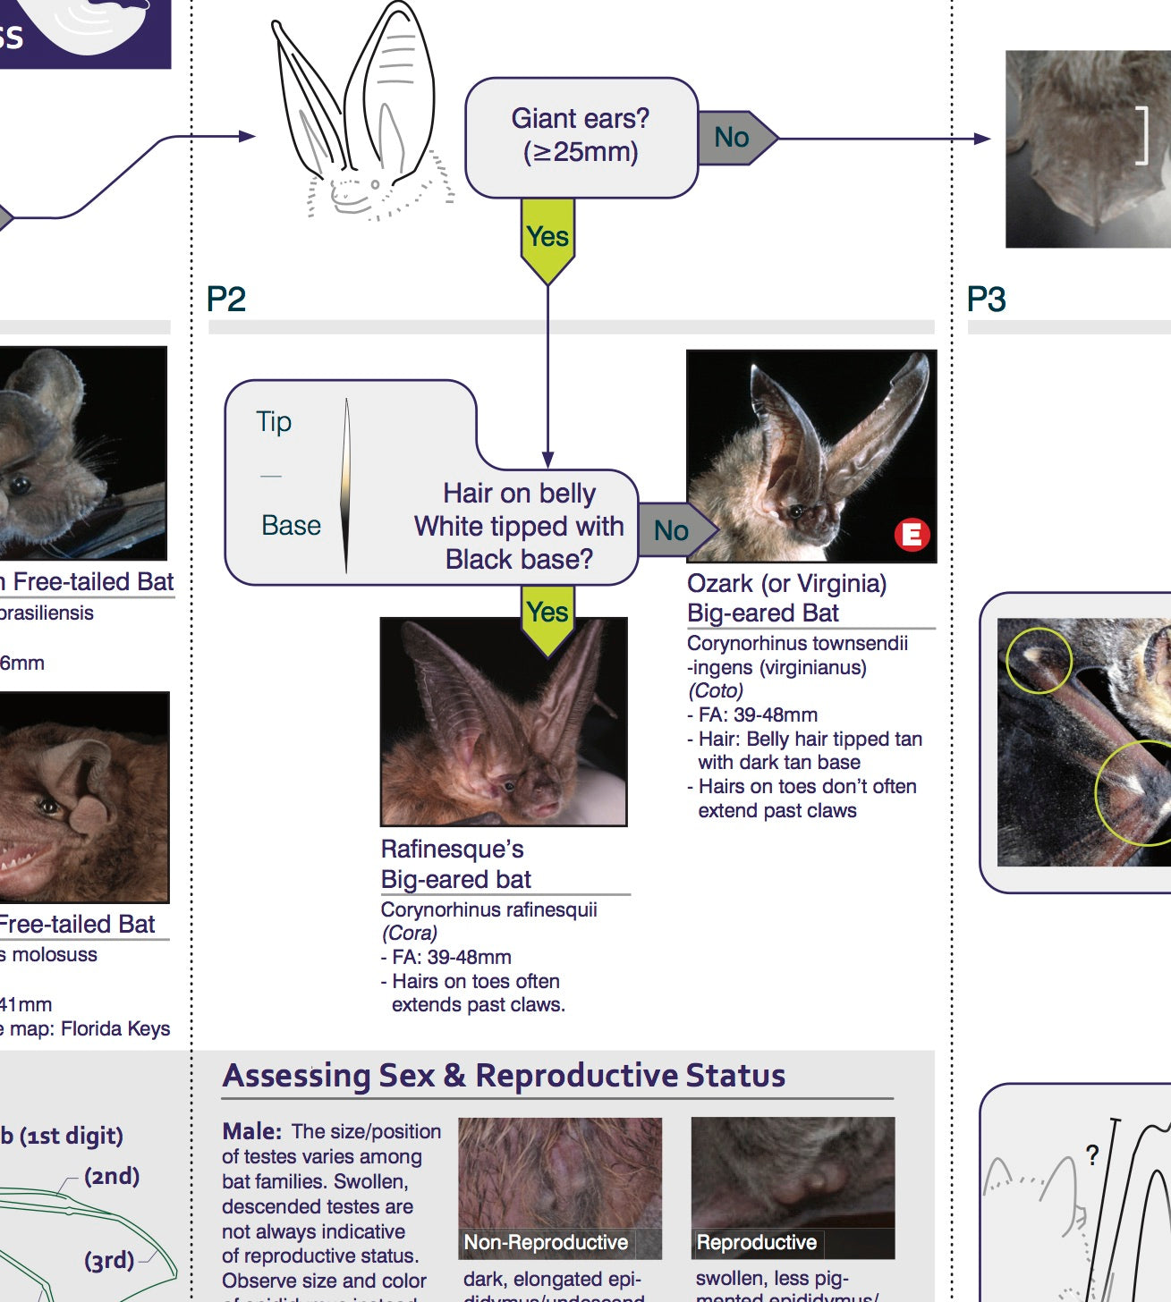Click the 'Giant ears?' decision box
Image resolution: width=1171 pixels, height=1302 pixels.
click(x=581, y=136)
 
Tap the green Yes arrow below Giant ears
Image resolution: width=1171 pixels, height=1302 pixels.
click(x=547, y=238)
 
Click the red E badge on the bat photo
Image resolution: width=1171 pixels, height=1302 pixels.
click(x=912, y=535)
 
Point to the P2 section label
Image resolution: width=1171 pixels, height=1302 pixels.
click(x=225, y=299)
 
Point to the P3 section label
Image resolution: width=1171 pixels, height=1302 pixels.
click(x=986, y=299)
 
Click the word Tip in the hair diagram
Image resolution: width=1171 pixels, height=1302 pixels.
click(x=274, y=421)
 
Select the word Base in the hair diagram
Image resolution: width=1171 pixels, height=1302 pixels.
click(x=291, y=525)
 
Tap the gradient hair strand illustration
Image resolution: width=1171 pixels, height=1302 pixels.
click(x=346, y=485)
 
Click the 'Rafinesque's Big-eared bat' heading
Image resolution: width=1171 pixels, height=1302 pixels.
click(x=455, y=864)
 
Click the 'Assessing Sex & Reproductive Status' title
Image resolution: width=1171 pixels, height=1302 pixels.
click(x=504, y=1075)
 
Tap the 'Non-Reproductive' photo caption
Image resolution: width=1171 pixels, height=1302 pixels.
click(x=546, y=1242)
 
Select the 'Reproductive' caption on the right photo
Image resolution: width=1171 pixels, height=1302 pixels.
click(x=756, y=1242)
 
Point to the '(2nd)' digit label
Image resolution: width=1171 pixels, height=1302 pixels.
click(x=112, y=1176)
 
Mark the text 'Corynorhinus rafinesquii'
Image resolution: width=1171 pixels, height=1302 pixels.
click(x=488, y=909)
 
